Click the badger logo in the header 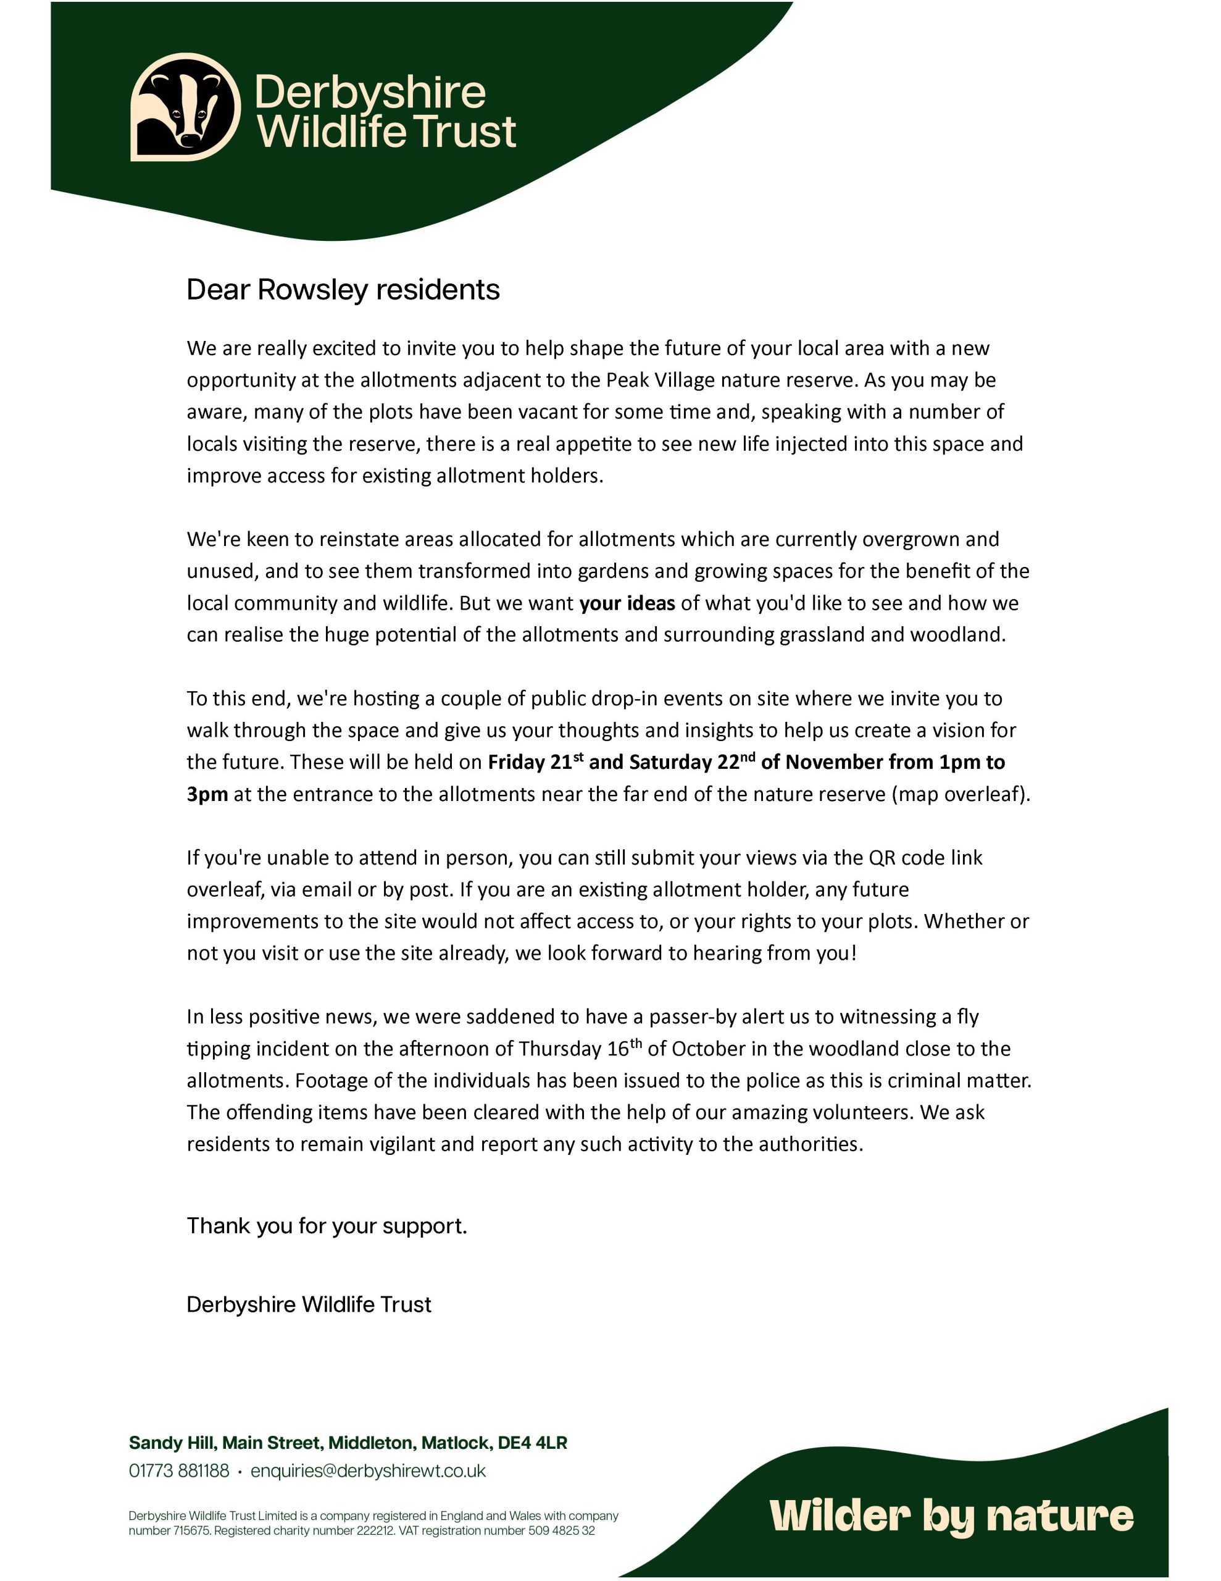pos(185,106)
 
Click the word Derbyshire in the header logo pos(370,93)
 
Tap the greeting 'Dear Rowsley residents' pos(343,290)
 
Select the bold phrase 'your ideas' pos(627,603)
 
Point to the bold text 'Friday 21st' pos(536,762)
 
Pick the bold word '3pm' pos(207,794)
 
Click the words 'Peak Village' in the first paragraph pos(660,380)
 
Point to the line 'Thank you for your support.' pos(327,1225)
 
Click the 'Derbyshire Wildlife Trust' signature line pos(309,1304)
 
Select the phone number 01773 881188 pos(179,1471)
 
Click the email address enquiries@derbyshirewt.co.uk pos(369,1471)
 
